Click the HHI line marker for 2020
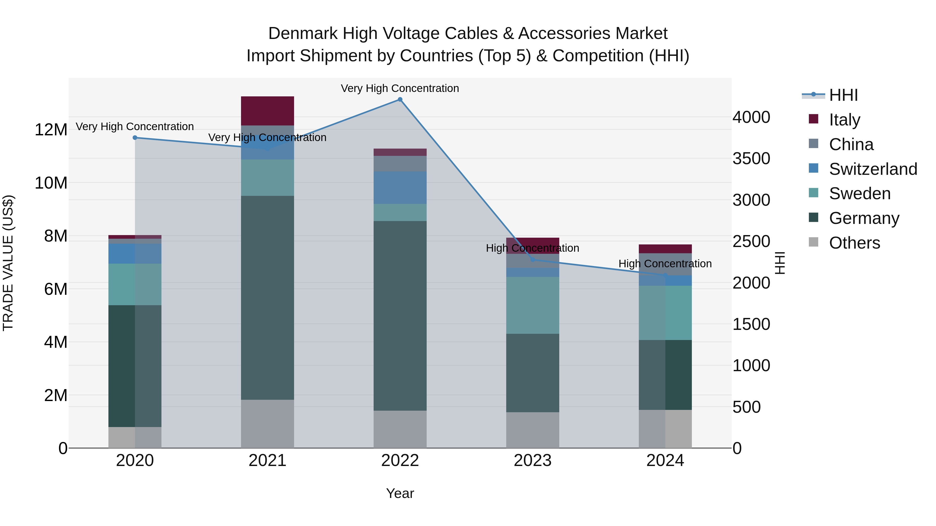pos(135,138)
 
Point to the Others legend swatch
pos(814,242)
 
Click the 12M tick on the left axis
pos(51,130)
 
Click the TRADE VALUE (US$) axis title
pos(8,263)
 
